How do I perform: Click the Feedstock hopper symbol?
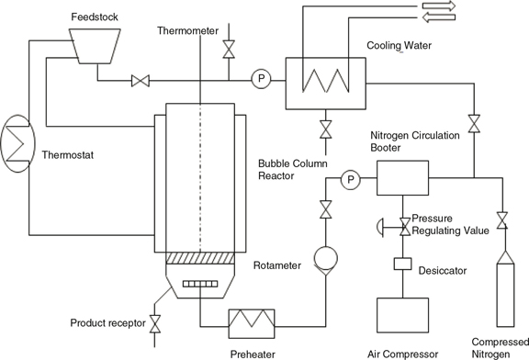click(x=95, y=46)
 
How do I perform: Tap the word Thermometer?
click(x=187, y=30)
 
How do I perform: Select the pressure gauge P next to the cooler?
click(x=261, y=79)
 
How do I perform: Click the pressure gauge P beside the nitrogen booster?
click(x=351, y=179)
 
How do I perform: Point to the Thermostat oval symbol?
click(x=17, y=144)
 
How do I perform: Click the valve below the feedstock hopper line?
click(x=141, y=81)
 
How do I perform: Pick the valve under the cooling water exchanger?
click(x=325, y=129)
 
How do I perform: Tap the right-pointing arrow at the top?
click(x=439, y=6)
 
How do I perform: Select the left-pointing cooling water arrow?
click(x=439, y=17)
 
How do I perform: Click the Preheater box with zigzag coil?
click(x=252, y=324)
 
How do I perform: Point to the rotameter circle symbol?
click(x=325, y=259)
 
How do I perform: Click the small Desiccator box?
click(x=403, y=264)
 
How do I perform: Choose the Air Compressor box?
click(x=403, y=315)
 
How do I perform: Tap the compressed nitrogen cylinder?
click(x=505, y=289)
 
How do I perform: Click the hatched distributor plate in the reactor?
click(x=200, y=258)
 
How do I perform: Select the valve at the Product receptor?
click(x=155, y=324)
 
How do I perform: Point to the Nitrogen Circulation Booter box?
click(x=403, y=178)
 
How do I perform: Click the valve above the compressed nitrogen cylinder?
click(x=502, y=220)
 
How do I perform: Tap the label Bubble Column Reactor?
click(x=292, y=170)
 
